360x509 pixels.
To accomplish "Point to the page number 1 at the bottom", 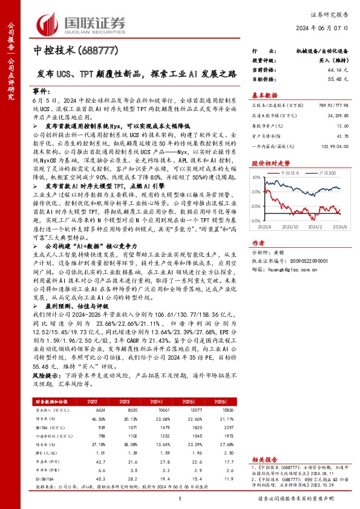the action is coord(180,499).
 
